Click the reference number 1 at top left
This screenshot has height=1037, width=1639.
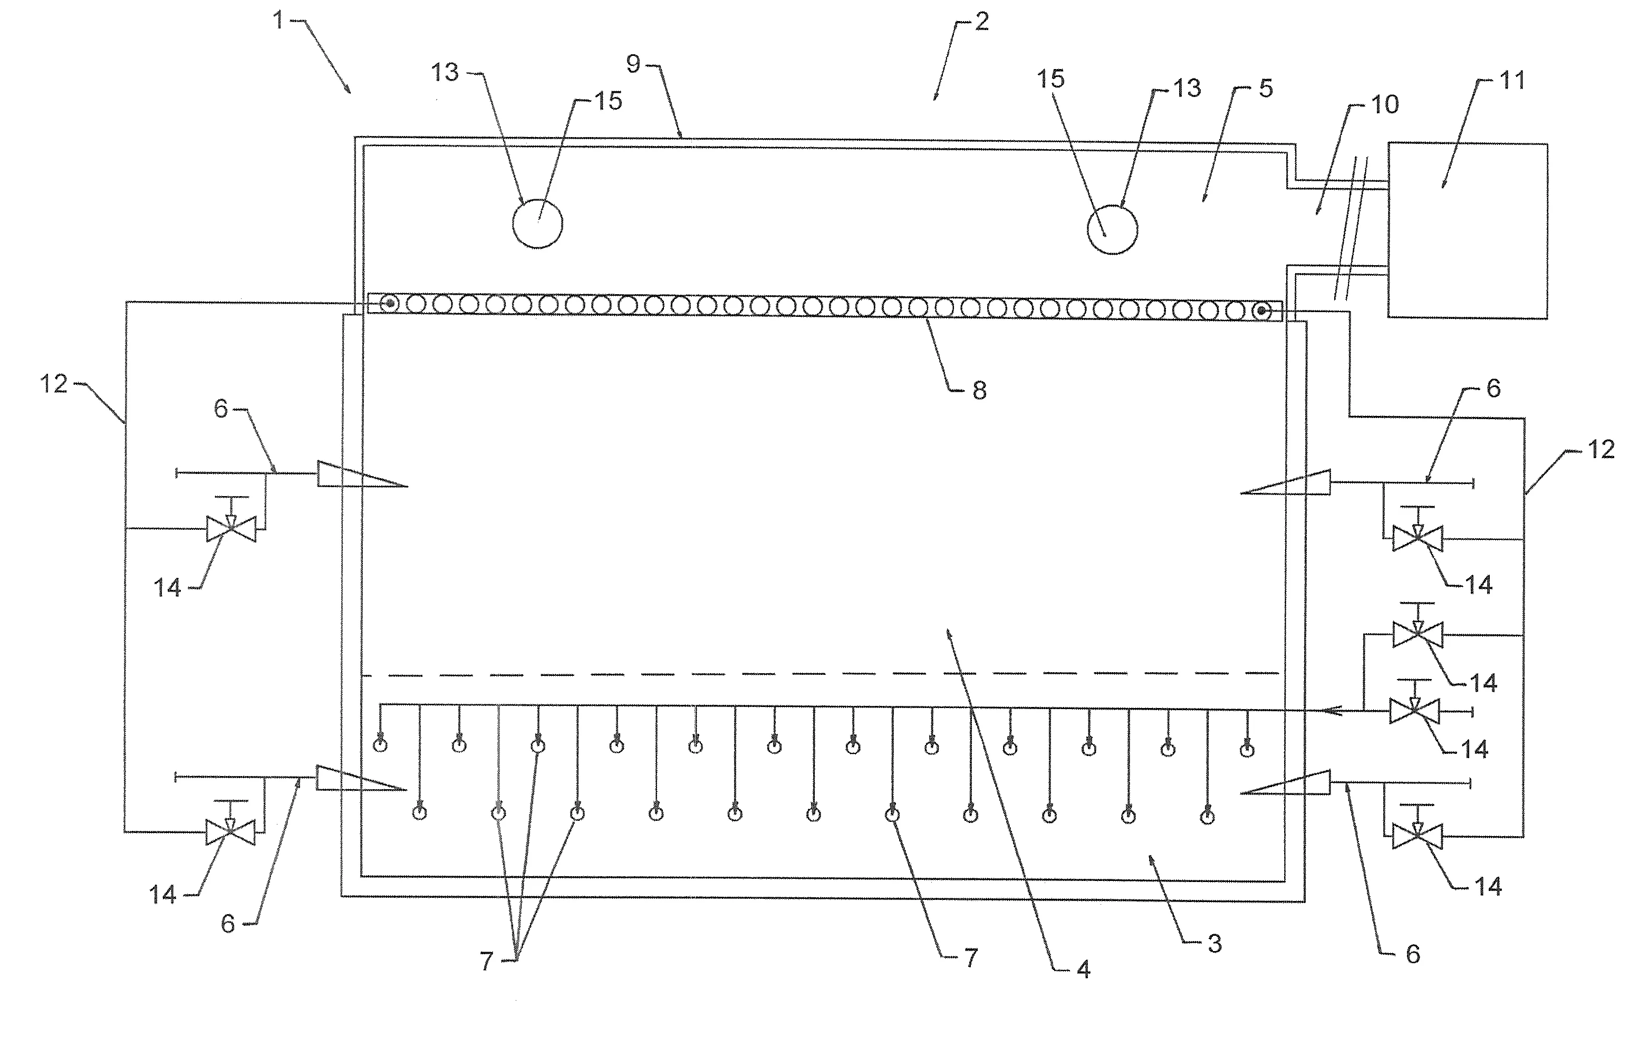coord(278,21)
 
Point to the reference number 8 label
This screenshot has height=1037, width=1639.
coord(979,391)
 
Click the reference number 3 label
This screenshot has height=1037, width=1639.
coord(1215,944)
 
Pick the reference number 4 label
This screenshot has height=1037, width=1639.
coord(1084,970)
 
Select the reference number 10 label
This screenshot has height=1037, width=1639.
coord(1384,104)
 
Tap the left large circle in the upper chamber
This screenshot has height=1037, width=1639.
coord(538,224)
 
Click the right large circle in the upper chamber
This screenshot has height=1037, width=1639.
coord(1112,230)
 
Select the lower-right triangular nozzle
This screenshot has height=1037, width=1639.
coord(1285,782)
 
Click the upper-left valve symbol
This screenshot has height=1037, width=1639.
coord(232,529)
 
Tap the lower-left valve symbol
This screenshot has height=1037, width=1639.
coord(231,831)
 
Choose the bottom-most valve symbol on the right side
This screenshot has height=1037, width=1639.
coord(1417,836)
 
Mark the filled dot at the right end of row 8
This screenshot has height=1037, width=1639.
coord(1261,312)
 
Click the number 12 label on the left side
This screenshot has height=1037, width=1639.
coord(54,384)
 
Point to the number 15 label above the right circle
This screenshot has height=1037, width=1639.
coord(1050,79)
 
